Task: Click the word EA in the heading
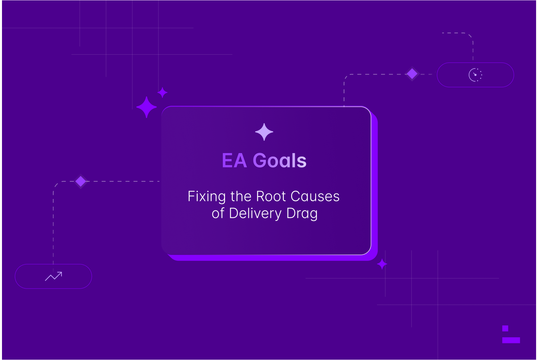235,160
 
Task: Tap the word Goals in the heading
279,160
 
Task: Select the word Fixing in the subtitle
207,197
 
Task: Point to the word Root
271,196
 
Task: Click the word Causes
315,196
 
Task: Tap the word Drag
302,214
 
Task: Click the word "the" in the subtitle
241,196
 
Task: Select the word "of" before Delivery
218,213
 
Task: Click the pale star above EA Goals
264,132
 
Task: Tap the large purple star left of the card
146,107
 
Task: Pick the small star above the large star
162,92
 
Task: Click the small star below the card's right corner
382,264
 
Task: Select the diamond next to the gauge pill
412,74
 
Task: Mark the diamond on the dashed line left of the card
81,181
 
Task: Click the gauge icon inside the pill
475,75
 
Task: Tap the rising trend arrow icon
54,276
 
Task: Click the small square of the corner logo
505,328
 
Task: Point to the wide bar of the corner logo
511,340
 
